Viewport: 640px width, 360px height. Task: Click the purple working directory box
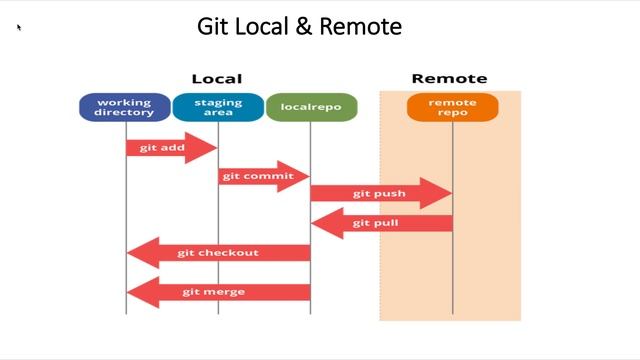(x=125, y=107)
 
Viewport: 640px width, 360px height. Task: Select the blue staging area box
(x=218, y=107)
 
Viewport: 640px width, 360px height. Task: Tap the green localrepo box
(x=311, y=107)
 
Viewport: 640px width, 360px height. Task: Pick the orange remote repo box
(x=452, y=107)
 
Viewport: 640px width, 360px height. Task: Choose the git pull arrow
(x=380, y=223)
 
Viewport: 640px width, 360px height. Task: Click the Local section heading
(x=217, y=78)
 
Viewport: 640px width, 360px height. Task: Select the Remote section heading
(x=449, y=78)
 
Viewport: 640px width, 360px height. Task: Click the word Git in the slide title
(x=212, y=27)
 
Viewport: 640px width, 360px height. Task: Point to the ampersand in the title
(x=303, y=27)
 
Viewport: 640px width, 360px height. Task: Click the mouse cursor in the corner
(x=19, y=27)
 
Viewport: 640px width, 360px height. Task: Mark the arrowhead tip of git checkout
(x=128, y=253)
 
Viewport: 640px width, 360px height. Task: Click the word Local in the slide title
(x=261, y=27)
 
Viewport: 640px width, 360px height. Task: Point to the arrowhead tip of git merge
(x=128, y=292)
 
